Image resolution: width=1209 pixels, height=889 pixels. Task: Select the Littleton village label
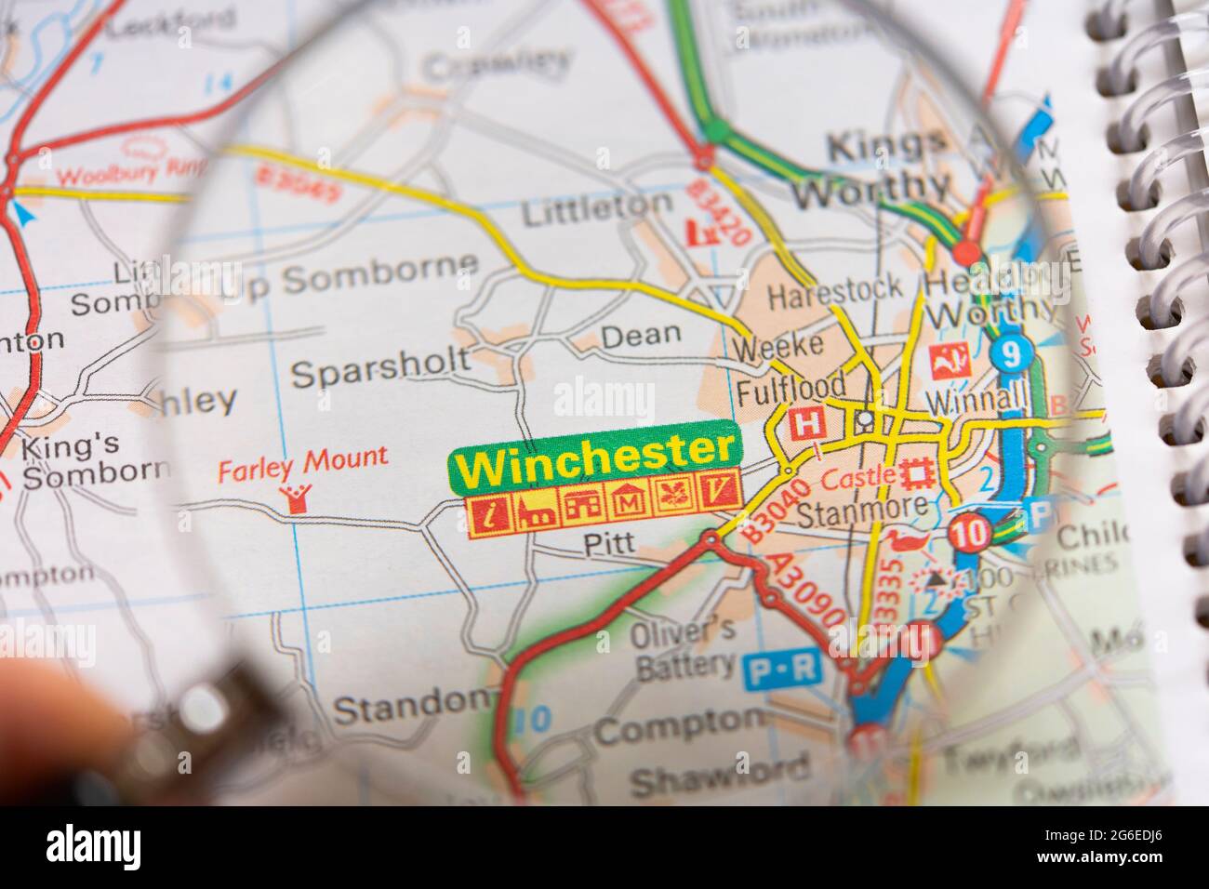[596, 209]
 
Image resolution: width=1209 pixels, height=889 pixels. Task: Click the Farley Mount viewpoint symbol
[298, 498]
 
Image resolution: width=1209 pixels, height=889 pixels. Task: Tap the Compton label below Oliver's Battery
[678, 725]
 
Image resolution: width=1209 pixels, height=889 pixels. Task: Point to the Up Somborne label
[349, 276]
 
